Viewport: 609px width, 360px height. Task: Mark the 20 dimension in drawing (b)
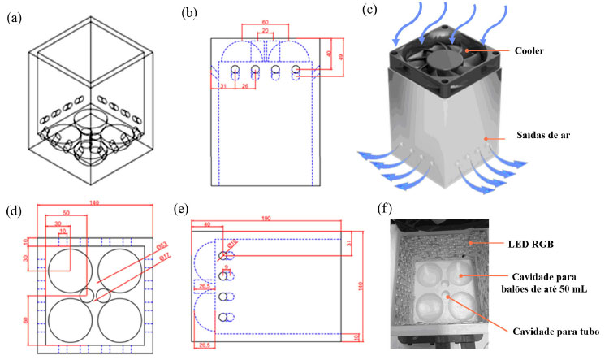(264, 31)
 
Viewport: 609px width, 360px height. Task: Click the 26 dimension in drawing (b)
(244, 88)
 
